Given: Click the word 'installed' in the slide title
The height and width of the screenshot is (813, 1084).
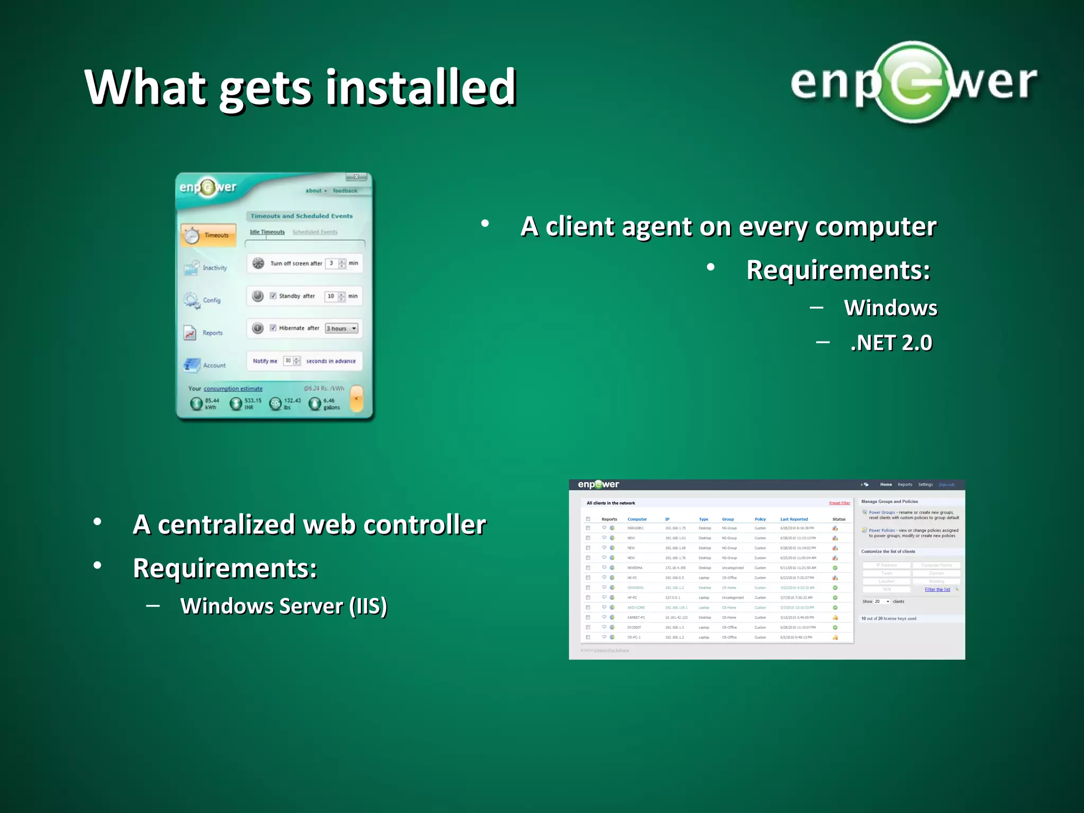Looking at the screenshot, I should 421,87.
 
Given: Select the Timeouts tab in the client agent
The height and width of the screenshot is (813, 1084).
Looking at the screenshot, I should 209,235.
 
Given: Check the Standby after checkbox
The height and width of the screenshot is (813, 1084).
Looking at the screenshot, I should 273,296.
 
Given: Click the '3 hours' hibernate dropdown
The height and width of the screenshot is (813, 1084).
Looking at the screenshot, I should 341,328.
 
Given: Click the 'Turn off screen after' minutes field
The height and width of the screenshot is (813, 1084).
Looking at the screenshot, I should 332,263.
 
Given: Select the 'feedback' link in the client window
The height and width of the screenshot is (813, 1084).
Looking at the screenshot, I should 345,191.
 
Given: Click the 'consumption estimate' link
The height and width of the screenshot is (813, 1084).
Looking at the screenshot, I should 233,389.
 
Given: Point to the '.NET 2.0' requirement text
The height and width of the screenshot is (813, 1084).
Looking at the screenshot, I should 891,343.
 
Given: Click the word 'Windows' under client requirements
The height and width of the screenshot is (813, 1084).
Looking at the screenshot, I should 890,308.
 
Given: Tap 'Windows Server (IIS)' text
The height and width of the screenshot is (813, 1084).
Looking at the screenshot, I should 283,606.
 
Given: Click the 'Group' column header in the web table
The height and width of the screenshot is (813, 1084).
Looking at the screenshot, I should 728,519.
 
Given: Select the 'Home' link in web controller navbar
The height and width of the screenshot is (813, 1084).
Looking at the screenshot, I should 886,484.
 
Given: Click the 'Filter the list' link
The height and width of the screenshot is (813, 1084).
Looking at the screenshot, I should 937,590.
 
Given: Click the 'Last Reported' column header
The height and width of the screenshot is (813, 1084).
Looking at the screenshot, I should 794,519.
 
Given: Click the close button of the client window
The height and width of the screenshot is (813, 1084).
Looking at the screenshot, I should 356,177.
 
